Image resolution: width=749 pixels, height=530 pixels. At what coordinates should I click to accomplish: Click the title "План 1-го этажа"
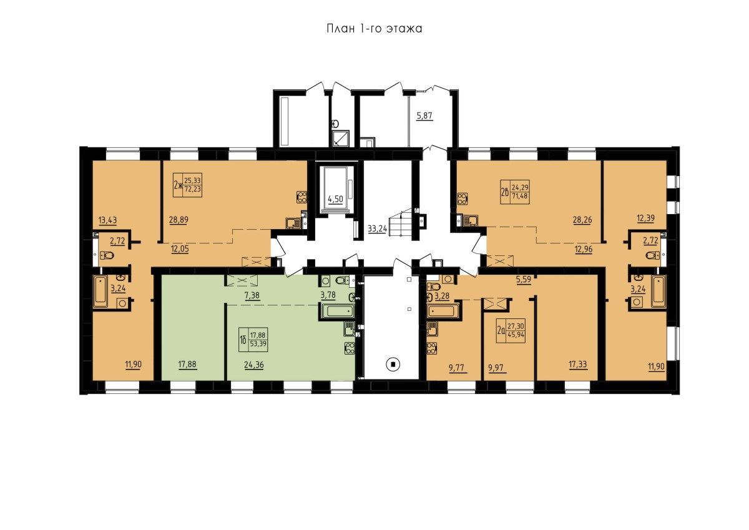[x=374, y=29]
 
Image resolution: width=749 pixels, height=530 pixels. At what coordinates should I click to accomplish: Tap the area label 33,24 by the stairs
[x=377, y=228]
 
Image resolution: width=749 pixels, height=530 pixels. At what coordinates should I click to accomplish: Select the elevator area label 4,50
[x=335, y=199]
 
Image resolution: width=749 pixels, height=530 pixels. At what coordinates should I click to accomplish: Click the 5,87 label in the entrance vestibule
[x=424, y=115]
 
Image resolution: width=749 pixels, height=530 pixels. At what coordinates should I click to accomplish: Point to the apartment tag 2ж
[x=178, y=184]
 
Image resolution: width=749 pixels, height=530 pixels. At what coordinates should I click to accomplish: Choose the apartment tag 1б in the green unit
[x=243, y=340]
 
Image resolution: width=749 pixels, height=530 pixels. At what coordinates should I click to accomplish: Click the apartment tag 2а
[x=501, y=331]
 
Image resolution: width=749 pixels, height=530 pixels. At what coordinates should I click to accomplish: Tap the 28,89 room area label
[x=179, y=220]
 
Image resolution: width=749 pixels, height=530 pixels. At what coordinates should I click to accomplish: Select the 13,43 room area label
[x=107, y=220]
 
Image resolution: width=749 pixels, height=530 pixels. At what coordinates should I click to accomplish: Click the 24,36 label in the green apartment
[x=254, y=365]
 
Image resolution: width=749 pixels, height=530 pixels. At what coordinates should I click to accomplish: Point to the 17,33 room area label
[x=578, y=364]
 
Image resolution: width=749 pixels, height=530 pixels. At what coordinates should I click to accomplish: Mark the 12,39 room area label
[x=645, y=218]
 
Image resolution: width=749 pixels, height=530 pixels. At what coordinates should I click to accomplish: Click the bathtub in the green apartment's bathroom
[x=337, y=312]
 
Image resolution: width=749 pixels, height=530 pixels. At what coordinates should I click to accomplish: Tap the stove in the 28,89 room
[x=301, y=197]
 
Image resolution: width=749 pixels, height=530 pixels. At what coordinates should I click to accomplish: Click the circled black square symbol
[x=394, y=364]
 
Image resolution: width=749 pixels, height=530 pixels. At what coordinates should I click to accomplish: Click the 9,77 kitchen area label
[x=458, y=368]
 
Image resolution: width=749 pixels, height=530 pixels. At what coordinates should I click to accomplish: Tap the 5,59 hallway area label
[x=524, y=279]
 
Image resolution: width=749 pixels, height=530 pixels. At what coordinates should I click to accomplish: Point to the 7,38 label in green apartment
[x=252, y=295]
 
